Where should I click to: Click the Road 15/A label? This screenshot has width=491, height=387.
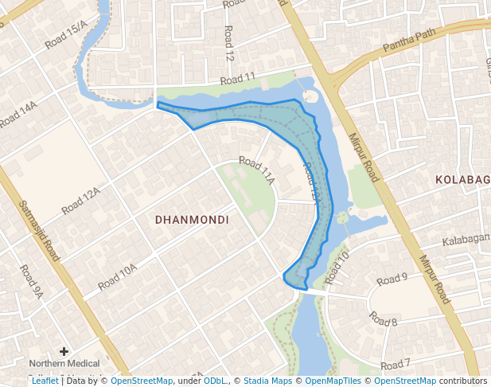click(x=66, y=36)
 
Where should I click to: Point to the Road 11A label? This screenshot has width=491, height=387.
click(x=256, y=171)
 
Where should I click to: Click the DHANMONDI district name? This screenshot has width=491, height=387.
click(x=192, y=219)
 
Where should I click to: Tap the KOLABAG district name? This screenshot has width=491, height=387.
click(x=462, y=180)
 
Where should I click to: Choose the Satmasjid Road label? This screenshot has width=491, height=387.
click(x=40, y=231)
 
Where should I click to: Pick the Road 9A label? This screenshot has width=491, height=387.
click(x=31, y=282)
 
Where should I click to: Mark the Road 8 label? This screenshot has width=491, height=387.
click(x=383, y=320)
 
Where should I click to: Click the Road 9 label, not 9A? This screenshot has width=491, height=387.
click(x=392, y=279)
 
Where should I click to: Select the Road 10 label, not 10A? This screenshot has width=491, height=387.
click(x=337, y=267)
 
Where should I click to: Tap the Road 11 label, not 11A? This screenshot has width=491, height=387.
click(x=238, y=78)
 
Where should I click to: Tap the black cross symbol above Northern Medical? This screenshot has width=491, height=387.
click(x=64, y=350)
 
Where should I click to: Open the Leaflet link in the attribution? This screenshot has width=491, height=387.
click(x=45, y=381)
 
